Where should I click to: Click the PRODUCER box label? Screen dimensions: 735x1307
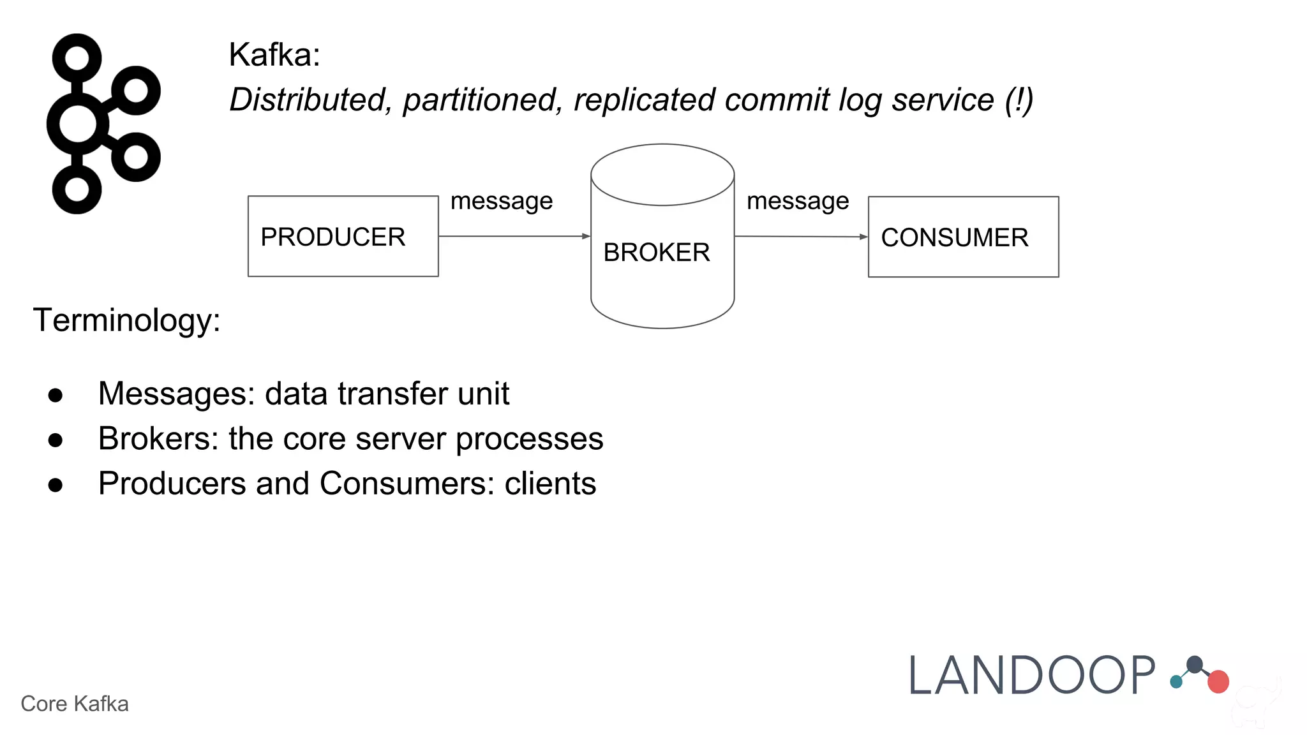coord(332,237)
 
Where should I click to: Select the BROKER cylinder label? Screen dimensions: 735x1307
coord(656,253)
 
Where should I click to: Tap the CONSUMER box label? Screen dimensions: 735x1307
coord(954,238)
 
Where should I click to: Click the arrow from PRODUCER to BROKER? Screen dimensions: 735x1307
coord(514,236)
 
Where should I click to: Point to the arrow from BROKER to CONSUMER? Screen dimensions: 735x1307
coord(801,237)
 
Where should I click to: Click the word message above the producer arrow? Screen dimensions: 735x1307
coord(501,202)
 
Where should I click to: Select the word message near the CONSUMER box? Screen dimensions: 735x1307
coord(798,202)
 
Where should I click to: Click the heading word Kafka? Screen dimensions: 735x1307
coord(274,55)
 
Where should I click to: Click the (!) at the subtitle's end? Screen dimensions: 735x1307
coord(1019,100)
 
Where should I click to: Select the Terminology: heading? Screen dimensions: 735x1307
coord(126,320)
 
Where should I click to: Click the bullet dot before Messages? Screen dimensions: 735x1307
coord(56,396)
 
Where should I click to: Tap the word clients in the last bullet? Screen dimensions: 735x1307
coord(550,484)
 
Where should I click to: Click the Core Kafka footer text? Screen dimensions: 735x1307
coord(75,704)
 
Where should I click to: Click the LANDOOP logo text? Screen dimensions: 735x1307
coord(1031,676)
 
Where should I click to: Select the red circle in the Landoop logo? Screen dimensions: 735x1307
coord(1218,681)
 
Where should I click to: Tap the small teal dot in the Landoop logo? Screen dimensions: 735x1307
coord(1176,682)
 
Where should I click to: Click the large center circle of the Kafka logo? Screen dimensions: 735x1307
coord(77,124)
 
